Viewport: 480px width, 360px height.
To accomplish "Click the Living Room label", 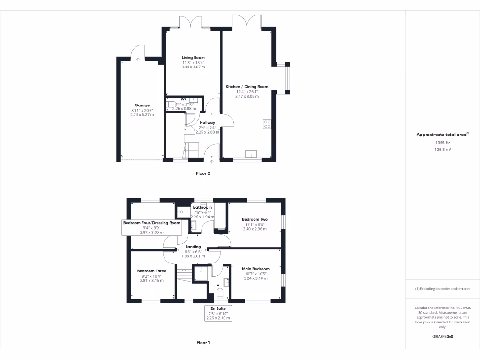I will point(193,58).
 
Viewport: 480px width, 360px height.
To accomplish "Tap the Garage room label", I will point(142,105).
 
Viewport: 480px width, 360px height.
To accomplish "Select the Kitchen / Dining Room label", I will point(247,87).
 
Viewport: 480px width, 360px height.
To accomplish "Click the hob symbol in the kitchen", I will point(268,124).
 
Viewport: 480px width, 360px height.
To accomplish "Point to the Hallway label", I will point(207,122).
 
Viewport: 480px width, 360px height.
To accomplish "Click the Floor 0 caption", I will point(203,173).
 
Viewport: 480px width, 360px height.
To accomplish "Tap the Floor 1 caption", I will point(203,343).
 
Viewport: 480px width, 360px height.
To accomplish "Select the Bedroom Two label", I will point(255,219).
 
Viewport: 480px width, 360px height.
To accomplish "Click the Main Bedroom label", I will point(255,269).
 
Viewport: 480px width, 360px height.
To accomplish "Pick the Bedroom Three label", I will point(151,271).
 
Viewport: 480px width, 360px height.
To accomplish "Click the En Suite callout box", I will point(218,313).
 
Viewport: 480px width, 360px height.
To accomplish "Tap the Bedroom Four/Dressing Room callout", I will point(151,227).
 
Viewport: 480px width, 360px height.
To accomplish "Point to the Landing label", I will point(193,247).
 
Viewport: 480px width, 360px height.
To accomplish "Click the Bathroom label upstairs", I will point(202,207).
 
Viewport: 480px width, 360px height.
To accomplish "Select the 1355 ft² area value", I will point(442,142).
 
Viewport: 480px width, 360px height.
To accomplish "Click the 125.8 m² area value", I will point(442,149).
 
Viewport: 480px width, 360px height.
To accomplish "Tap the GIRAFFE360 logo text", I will point(442,337).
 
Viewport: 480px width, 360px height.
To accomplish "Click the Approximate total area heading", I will point(442,135).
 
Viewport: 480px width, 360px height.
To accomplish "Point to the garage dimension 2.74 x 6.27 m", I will point(142,115).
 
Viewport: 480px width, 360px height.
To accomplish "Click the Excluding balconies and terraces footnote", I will point(442,289).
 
